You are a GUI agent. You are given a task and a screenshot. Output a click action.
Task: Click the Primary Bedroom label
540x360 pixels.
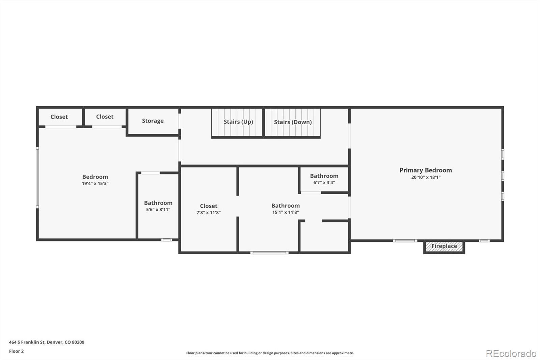[425, 170]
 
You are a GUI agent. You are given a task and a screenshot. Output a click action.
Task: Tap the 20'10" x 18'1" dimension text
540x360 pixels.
[426, 177]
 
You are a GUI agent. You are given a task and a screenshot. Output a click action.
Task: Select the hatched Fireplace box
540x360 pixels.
[444, 247]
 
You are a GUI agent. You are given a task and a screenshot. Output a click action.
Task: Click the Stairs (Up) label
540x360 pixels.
[238, 122]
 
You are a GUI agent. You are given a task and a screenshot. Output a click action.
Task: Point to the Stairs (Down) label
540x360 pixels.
[293, 122]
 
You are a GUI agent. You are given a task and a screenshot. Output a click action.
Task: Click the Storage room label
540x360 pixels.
[153, 121]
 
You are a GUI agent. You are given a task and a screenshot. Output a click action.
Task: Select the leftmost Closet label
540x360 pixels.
[59, 117]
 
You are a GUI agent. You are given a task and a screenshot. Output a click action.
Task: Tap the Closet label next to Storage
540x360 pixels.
[105, 117]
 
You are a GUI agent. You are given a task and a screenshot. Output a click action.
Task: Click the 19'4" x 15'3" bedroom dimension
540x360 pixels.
[95, 184]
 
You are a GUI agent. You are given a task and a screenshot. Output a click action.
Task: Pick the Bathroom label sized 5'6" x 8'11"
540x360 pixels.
[158, 203]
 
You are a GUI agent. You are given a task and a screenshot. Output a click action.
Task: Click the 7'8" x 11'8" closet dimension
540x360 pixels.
[209, 213]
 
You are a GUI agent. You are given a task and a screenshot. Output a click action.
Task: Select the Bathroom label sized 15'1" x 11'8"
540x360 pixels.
[286, 206]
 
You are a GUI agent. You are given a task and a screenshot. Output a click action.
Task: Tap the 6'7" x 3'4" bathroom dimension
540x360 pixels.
[324, 183]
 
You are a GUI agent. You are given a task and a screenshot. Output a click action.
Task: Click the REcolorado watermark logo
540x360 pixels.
[511, 354]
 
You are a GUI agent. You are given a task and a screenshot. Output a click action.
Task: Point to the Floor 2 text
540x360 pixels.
[16, 351]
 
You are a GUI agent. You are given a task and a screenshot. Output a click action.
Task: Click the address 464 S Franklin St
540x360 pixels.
[47, 342]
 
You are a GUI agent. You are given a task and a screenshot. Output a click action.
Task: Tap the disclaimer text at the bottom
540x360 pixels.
[270, 353]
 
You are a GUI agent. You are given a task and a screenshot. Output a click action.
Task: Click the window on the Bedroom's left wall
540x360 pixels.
[37, 177]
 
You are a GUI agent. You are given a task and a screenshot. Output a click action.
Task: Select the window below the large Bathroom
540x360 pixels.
[269, 253]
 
